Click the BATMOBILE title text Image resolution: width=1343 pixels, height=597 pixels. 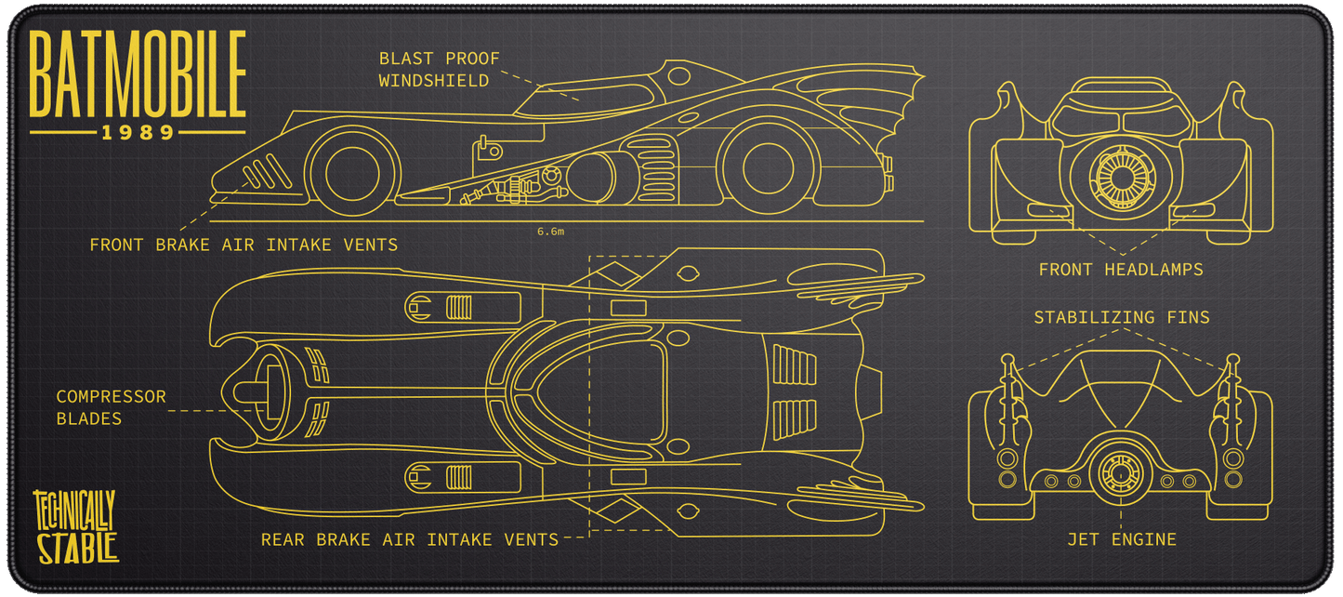point(138,73)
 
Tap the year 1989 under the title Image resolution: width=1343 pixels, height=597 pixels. point(138,133)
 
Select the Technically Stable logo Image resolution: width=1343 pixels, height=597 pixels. point(76,526)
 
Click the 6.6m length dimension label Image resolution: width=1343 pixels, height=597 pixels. point(550,232)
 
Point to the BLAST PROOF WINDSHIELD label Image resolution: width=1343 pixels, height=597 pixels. point(439,70)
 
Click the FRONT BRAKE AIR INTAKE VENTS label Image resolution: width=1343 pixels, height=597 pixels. point(244,245)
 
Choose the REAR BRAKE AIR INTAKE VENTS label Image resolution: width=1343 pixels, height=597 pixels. point(409,539)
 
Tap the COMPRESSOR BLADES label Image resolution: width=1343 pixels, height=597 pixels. point(111,407)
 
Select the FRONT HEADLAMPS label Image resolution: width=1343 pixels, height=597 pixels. point(1121,270)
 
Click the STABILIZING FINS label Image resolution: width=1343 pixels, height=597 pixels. point(1122,318)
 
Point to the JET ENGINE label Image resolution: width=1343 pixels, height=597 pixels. point(1121,539)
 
